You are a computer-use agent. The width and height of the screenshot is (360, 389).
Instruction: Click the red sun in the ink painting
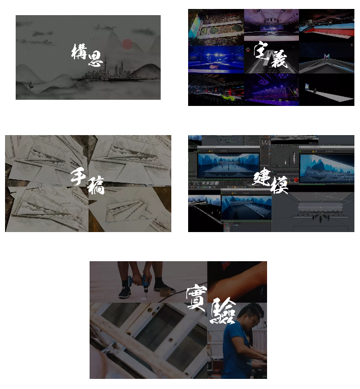[x=127, y=44]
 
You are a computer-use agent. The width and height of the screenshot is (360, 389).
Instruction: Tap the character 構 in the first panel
[x=80, y=52]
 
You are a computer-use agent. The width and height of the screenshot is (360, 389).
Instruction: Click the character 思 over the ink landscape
[x=95, y=58]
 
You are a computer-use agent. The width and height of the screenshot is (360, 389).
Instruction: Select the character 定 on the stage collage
[x=261, y=50]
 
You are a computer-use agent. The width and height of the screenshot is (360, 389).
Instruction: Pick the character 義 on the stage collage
[x=279, y=59]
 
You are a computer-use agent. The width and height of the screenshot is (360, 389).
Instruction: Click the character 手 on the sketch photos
[x=78, y=177]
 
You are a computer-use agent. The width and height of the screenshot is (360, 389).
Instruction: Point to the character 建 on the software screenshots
[x=261, y=177]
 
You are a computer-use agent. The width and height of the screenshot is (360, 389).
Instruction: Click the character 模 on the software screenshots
[x=279, y=185]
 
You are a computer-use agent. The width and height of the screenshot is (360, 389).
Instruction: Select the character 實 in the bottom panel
[x=197, y=297]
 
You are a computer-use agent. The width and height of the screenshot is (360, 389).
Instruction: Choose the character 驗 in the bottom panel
[x=222, y=311]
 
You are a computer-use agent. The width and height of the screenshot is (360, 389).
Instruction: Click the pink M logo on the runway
[x=327, y=56]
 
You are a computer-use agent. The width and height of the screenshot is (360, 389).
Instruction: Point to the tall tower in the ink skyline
[x=105, y=65]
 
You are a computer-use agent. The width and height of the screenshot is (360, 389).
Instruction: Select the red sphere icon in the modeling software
[x=296, y=179]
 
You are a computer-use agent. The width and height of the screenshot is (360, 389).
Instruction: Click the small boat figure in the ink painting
[x=31, y=85]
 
